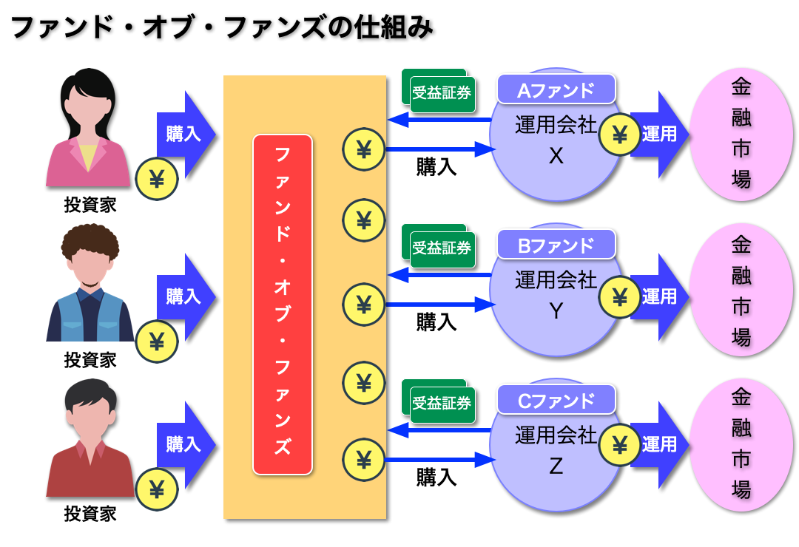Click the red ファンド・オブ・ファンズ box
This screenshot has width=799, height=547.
click(283, 304)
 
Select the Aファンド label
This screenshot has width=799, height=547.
click(556, 89)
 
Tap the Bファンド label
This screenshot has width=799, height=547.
click(556, 245)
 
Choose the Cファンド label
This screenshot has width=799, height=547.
click(556, 400)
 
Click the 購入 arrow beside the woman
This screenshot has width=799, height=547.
click(185, 134)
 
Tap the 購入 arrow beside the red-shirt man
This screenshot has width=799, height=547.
click(185, 444)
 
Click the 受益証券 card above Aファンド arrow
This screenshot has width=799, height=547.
click(441, 94)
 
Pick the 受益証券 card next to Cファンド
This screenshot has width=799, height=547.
click(441, 404)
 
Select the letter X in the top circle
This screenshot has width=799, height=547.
click(556, 157)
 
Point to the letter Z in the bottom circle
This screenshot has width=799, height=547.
click(556, 466)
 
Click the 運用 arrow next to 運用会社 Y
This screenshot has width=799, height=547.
click(658, 296)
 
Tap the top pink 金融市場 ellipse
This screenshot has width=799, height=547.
click(741, 134)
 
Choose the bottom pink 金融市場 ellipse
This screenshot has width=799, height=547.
click(741, 444)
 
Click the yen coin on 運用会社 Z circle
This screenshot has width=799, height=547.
click(620, 444)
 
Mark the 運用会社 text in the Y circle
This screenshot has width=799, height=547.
click(556, 280)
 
